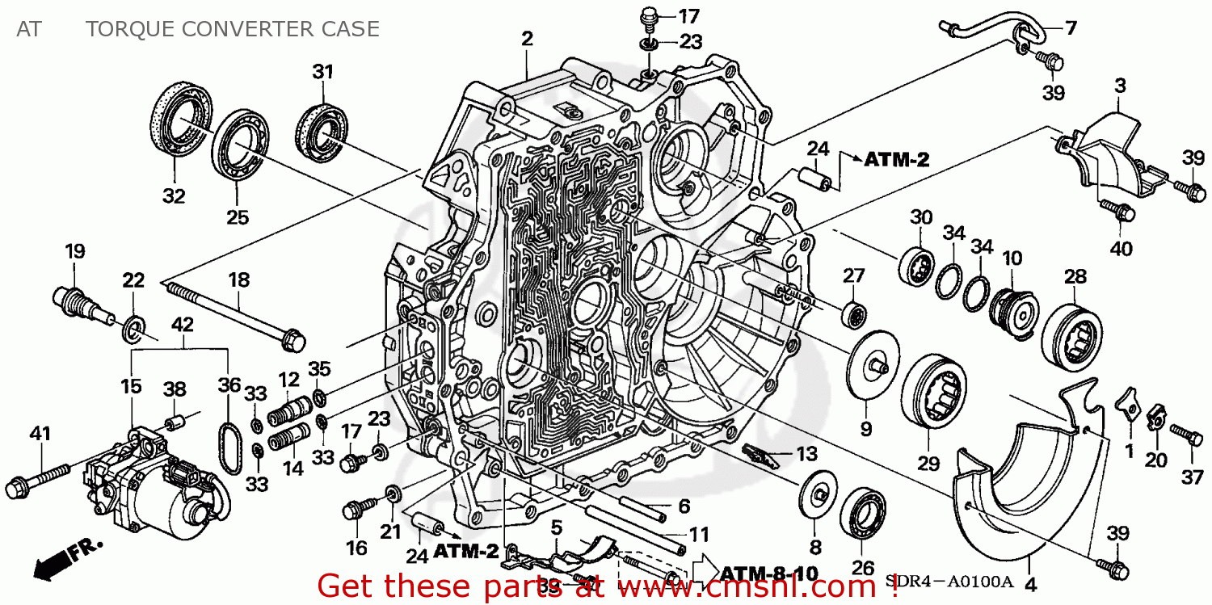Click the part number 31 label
[x=323, y=72]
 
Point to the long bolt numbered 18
[x=231, y=310]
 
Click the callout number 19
[x=75, y=251]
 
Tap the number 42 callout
[x=183, y=324]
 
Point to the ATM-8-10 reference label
[x=768, y=573]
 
